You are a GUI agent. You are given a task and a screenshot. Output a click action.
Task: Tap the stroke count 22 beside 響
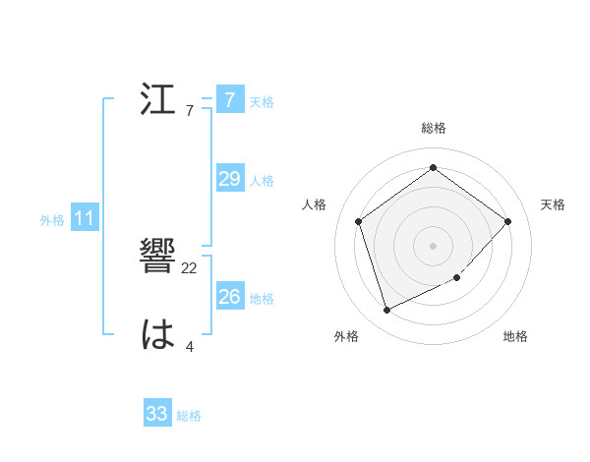[x=190, y=268]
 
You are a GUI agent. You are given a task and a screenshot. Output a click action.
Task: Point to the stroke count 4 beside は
[x=189, y=346]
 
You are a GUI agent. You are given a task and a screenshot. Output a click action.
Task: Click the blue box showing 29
[x=229, y=179]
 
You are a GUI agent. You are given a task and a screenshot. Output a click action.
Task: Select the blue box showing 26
[x=229, y=296]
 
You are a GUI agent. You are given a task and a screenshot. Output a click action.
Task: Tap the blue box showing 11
[x=84, y=219]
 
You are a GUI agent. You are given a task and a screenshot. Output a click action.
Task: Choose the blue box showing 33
[x=156, y=414]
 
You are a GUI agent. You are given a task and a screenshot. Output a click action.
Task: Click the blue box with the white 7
[x=229, y=100]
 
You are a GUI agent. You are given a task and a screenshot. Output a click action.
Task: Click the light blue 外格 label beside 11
[x=52, y=220]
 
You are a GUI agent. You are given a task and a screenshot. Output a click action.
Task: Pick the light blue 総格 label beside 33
[x=189, y=416]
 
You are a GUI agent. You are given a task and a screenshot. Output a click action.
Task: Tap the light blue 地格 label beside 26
[x=262, y=298]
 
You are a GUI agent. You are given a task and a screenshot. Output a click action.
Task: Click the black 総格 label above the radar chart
[x=434, y=128]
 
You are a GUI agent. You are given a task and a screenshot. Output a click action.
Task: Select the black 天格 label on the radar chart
[x=553, y=204]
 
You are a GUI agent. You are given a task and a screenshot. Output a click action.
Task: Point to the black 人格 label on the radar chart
[x=315, y=204]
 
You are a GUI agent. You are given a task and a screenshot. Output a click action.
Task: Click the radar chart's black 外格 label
[x=346, y=336]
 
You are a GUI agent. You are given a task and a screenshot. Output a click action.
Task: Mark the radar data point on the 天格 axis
[x=507, y=221]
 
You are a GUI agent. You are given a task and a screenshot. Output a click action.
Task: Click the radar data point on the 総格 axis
[x=434, y=167]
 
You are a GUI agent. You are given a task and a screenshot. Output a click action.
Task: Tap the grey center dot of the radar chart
[x=434, y=245]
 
